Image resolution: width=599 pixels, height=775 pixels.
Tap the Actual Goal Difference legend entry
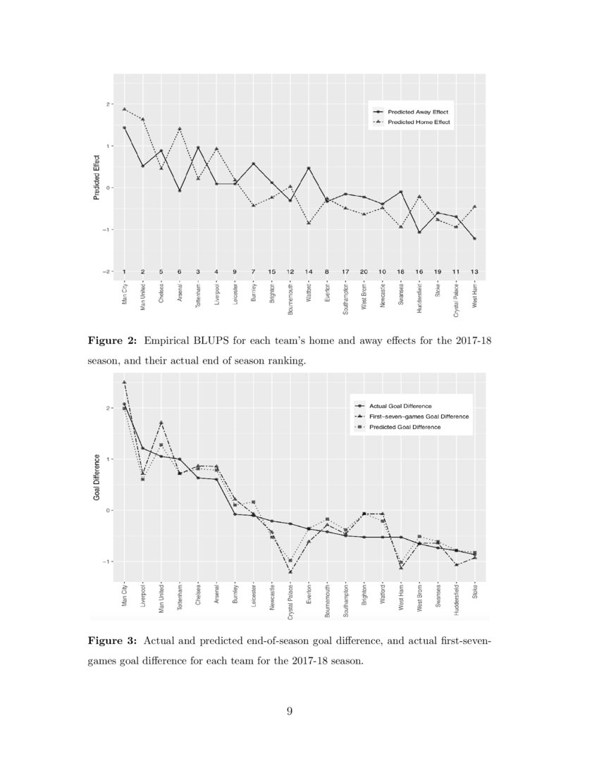tap(400, 406)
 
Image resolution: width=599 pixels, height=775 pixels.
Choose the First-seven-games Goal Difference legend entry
tap(419, 416)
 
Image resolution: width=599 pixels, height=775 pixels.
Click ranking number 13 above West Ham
tap(476, 272)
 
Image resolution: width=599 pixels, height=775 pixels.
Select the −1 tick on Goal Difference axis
tap(109, 562)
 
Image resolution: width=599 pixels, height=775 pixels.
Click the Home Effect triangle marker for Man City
tap(124, 109)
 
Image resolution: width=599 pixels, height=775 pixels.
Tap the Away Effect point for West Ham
tap(475, 239)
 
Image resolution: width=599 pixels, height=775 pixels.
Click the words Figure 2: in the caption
tap(112, 340)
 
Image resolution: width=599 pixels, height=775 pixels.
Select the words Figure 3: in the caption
tap(112, 641)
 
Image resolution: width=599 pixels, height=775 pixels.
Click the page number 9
tap(290, 710)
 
